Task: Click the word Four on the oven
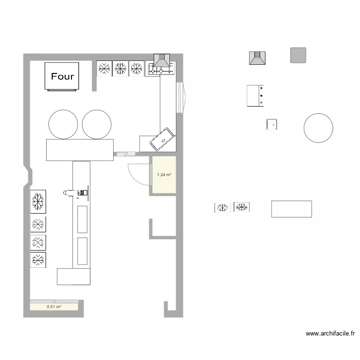tap(62, 76)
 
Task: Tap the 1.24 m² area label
tap(164, 175)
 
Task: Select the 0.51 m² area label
tap(54, 307)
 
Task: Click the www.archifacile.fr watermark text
tap(330, 334)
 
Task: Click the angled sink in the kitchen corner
tap(162, 139)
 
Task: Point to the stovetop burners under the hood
tap(161, 69)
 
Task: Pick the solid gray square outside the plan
tap(298, 55)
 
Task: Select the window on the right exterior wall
tap(181, 97)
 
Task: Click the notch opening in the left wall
tap(28, 176)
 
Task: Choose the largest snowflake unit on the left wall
tap(38, 202)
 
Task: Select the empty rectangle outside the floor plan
tap(291, 209)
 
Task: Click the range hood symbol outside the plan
tap(257, 58)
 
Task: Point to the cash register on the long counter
tap(83, 192)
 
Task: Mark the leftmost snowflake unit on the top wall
tap(104, 69)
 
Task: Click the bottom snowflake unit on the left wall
tap(38, 260)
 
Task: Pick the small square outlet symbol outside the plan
tap(272, 124)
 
